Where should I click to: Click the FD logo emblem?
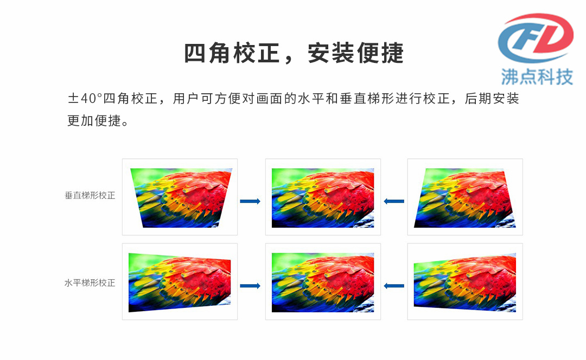(x=536, y=38)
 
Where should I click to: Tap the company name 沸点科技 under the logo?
(x=537, y=77)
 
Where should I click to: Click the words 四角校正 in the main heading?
(x=232, y=53)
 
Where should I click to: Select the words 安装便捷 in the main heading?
(x=356, y=53)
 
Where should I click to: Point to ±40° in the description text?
(x=85, y=99)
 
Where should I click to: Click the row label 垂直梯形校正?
(x=90, y=195)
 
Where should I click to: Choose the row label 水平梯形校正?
(x=90, y=283)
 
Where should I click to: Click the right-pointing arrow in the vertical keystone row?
(x=250, y=201)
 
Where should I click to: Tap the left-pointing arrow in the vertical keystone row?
(x=394, y=201)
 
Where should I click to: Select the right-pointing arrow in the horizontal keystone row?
(x=250, y=286)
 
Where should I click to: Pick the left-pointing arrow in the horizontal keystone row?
(x=394, y=286)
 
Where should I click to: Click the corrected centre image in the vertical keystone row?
(x=323, y=197)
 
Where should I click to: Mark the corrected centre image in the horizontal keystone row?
(x=323, y=282)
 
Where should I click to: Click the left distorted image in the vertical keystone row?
(x=181, y=197)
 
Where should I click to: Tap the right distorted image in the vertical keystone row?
(x=465, y=197)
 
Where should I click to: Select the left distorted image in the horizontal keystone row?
(x=180, y=282)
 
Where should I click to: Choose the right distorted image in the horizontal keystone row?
(x=465, y=282)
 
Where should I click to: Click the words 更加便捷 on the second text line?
(x=94, y=120)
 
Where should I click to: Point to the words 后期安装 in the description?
(x=492, y=99)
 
